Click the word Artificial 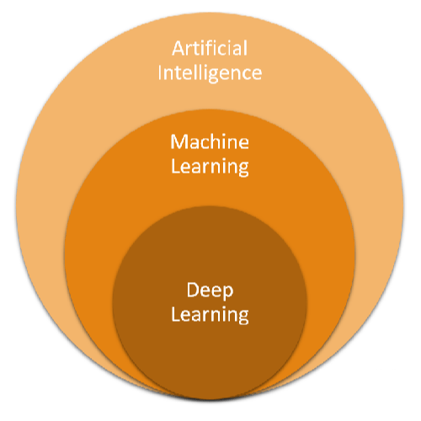coord(210,49)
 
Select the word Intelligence coord(210,72)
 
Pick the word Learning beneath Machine coord(210,166)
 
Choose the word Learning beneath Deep coord(210,316)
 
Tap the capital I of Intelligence coord(161,72)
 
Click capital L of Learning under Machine coord(175,165)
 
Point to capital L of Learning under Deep coord(175,315)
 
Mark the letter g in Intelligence coord(215,76)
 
